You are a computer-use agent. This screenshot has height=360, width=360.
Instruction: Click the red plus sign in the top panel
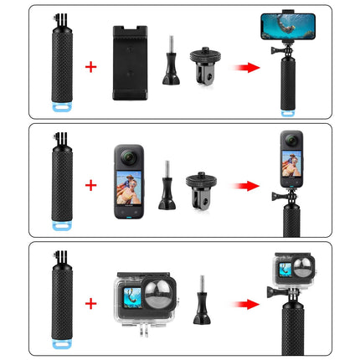click(91, 65)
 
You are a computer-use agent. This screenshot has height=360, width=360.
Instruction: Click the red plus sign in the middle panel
click(91, 183)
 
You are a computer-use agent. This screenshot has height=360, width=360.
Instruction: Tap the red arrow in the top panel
click(244, 65)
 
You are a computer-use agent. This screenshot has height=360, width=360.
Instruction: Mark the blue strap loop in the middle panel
click(49, 224)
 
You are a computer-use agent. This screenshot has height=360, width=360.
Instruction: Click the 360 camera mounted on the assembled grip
click(294, 159)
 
